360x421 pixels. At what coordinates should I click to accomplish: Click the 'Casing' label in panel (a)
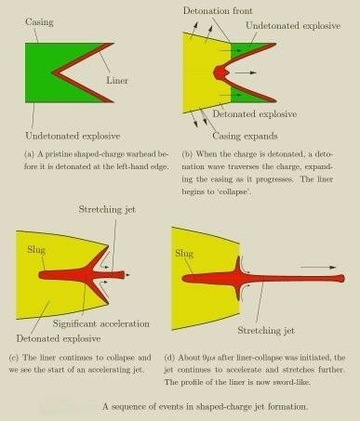pos(39,22)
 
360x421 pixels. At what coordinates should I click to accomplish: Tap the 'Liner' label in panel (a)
pos(117,81)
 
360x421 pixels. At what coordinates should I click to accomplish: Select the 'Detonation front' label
pos(218,11)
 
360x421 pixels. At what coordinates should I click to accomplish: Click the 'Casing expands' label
pos(245,136)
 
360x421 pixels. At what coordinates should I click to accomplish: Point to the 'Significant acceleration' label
pos(101,323)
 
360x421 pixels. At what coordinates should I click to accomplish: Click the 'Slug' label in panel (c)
pos(36,250)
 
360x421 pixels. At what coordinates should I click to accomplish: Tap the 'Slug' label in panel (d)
pos(184,254)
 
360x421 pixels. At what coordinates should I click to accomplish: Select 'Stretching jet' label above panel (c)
pos(107,210)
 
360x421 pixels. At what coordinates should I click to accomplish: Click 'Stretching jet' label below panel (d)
pos(266,331)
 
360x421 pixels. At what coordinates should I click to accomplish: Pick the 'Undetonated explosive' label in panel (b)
pos(293,26)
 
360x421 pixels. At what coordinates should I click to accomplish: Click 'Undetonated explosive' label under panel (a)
pos(73,136)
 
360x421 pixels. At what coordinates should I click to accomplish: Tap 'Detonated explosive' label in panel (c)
pos(59,338)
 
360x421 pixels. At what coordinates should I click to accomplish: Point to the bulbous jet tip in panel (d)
pos(340,278)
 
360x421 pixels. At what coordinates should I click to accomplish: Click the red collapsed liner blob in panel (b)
pos(220,72)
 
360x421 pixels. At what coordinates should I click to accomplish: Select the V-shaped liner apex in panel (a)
pos(54,73)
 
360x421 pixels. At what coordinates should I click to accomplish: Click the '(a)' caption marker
pos(29,154)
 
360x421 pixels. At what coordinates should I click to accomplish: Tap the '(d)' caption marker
pos(169,358)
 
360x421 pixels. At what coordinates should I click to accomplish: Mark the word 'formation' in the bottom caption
pos(287,407)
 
